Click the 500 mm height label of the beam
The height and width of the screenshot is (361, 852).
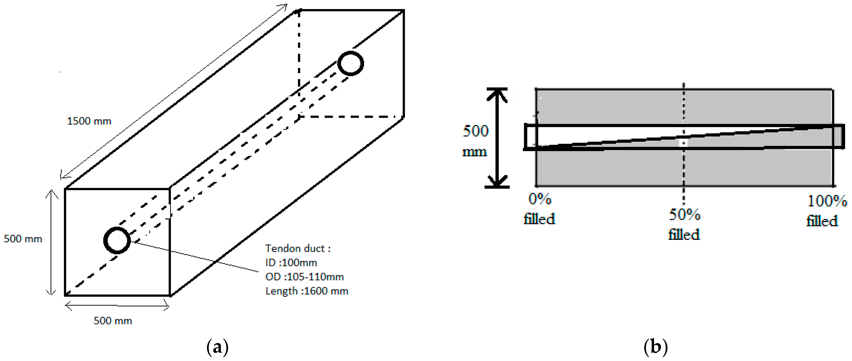click(x=23, y=239)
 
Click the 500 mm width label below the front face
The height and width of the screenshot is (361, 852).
click(x=113, y=321)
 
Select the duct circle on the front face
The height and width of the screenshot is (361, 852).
click(x=117, y=241)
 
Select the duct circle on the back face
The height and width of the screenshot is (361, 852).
click(x=351, y=63)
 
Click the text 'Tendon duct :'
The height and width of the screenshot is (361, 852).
click(x=298, y=248)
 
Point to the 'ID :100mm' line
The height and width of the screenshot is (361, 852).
click(x=291, y=263)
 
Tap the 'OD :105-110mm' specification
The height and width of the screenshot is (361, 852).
click(x=304, y=277)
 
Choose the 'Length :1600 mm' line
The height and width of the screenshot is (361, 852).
click(x=307, y=291)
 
